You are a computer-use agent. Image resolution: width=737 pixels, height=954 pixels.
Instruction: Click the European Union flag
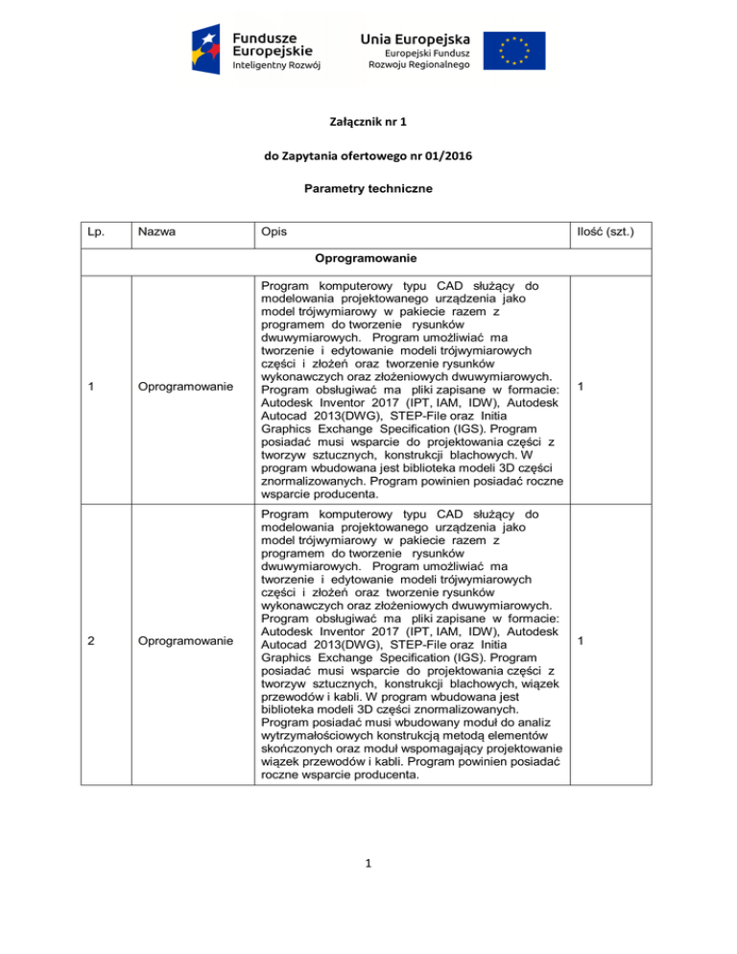(x=514, y=51)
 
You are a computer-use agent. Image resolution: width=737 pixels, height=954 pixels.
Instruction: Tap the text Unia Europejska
(x=416, y=37)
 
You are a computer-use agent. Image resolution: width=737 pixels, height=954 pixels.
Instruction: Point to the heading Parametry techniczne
(x=368, y=189)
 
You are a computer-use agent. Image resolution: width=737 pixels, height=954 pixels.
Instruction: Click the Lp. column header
(x=93, y=232)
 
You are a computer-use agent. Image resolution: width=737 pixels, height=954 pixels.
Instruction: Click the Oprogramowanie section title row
(x=368, y=259)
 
